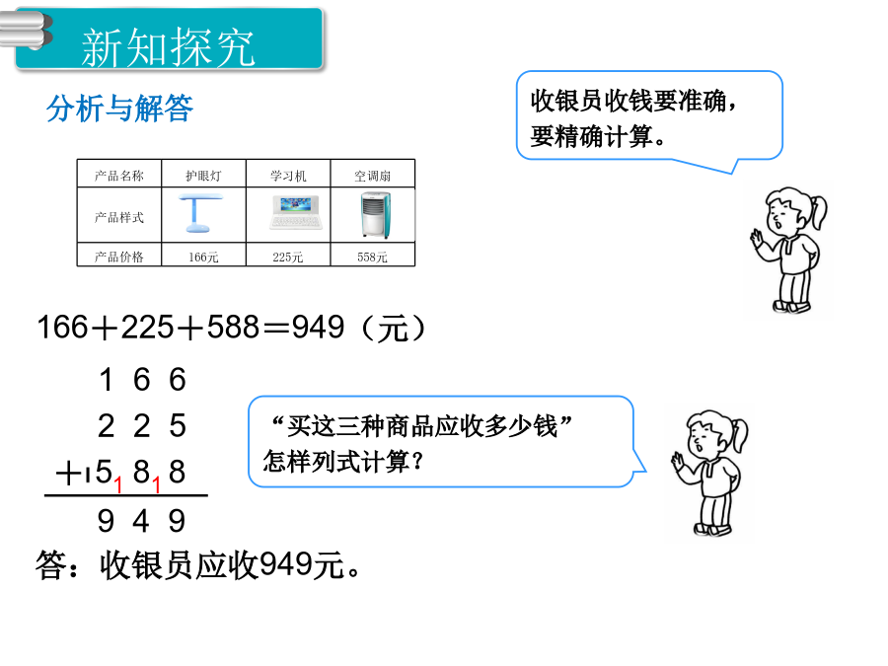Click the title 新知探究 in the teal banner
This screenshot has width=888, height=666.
(x=168, y=47)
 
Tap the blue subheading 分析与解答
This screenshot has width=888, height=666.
(x=119, y=108)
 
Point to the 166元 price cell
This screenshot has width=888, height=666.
(x=203, y=257)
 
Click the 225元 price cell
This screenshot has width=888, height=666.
(x=288, y=257)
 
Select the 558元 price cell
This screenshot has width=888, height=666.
(x=373, y=257)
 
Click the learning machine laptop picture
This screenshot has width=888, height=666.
(x=296, y=212)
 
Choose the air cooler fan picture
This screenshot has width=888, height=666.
(x=375, y=215)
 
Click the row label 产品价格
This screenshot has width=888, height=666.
(x=119, y=257)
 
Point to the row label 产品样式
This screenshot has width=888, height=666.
(x=119, y=217)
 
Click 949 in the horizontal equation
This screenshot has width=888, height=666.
(x=318, y=328)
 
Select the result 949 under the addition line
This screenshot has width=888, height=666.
(x=141, y=520)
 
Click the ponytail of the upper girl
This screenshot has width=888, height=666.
(x=818, y=209)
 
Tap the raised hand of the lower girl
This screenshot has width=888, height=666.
(x=677, y=461)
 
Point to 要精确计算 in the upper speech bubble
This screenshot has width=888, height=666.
(x=597, y=136)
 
